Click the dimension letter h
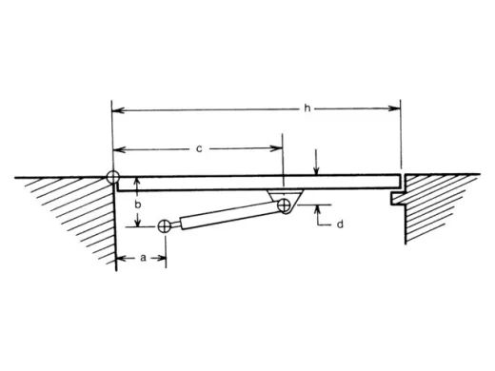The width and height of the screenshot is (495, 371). [x=307, y=108]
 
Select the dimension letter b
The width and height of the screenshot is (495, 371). [x=139, y=203]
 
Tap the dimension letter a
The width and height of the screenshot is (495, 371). [x=142, y=257]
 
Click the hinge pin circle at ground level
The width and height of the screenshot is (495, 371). [x=113, y=177]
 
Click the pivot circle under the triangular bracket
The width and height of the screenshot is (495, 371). [x=284, y=206]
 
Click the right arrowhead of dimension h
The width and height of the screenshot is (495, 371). [x=397, y=109]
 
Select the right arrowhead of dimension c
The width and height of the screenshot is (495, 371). [x=279, y=148]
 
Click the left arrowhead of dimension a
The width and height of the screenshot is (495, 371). [x=120, y=257]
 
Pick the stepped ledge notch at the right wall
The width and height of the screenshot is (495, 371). [x=398, y=198]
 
